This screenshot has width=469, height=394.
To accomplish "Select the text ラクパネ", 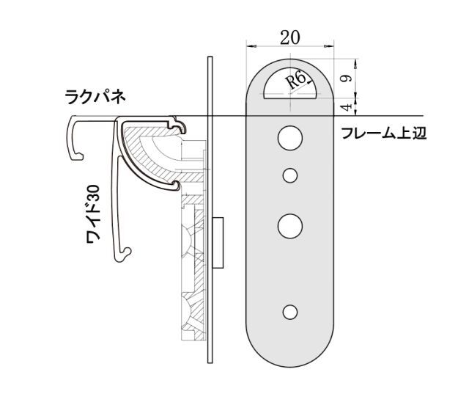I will click(x=95, y=96).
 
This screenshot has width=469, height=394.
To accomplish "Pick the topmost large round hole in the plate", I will click(x=291, y=137).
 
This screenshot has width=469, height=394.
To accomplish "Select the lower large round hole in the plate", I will click(x=291, y=225).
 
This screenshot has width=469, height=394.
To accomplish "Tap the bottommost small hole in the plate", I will click(x=291, y=312).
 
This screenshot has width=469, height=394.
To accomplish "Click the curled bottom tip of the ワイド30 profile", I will click(x=125, y=255).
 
